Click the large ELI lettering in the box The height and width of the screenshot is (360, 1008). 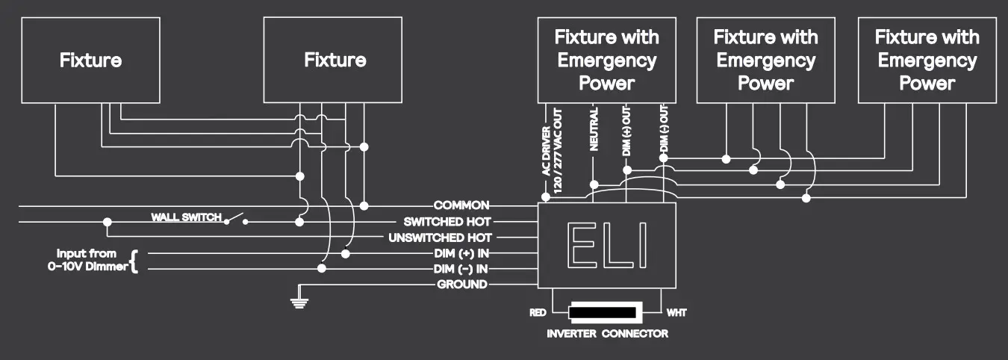[x=606, y=245]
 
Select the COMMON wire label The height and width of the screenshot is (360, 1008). [x=461, y=205]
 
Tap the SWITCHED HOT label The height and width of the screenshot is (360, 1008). [x=447, y=221]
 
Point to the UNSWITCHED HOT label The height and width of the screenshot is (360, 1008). [x=441, y=238]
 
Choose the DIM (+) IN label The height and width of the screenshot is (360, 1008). [x=461, y=253]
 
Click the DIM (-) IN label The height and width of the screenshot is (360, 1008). [x=461, y=268]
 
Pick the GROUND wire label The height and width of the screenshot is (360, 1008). [x=462, y=284]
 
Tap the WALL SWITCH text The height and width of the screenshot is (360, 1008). [x=186, y=217]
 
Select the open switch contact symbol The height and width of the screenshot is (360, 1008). [x=237, y=219]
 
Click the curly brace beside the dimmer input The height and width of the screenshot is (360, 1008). [x=134, y=261]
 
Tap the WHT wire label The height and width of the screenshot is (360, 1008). [x=676, y=312]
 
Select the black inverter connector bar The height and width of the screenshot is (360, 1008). [x=606, y=311]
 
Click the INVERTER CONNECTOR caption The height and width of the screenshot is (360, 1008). [x=607, y=333]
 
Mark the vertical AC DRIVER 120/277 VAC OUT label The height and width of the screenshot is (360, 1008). [x=551, y=149]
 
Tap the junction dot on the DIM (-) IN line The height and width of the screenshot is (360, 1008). [x=323, y=268]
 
